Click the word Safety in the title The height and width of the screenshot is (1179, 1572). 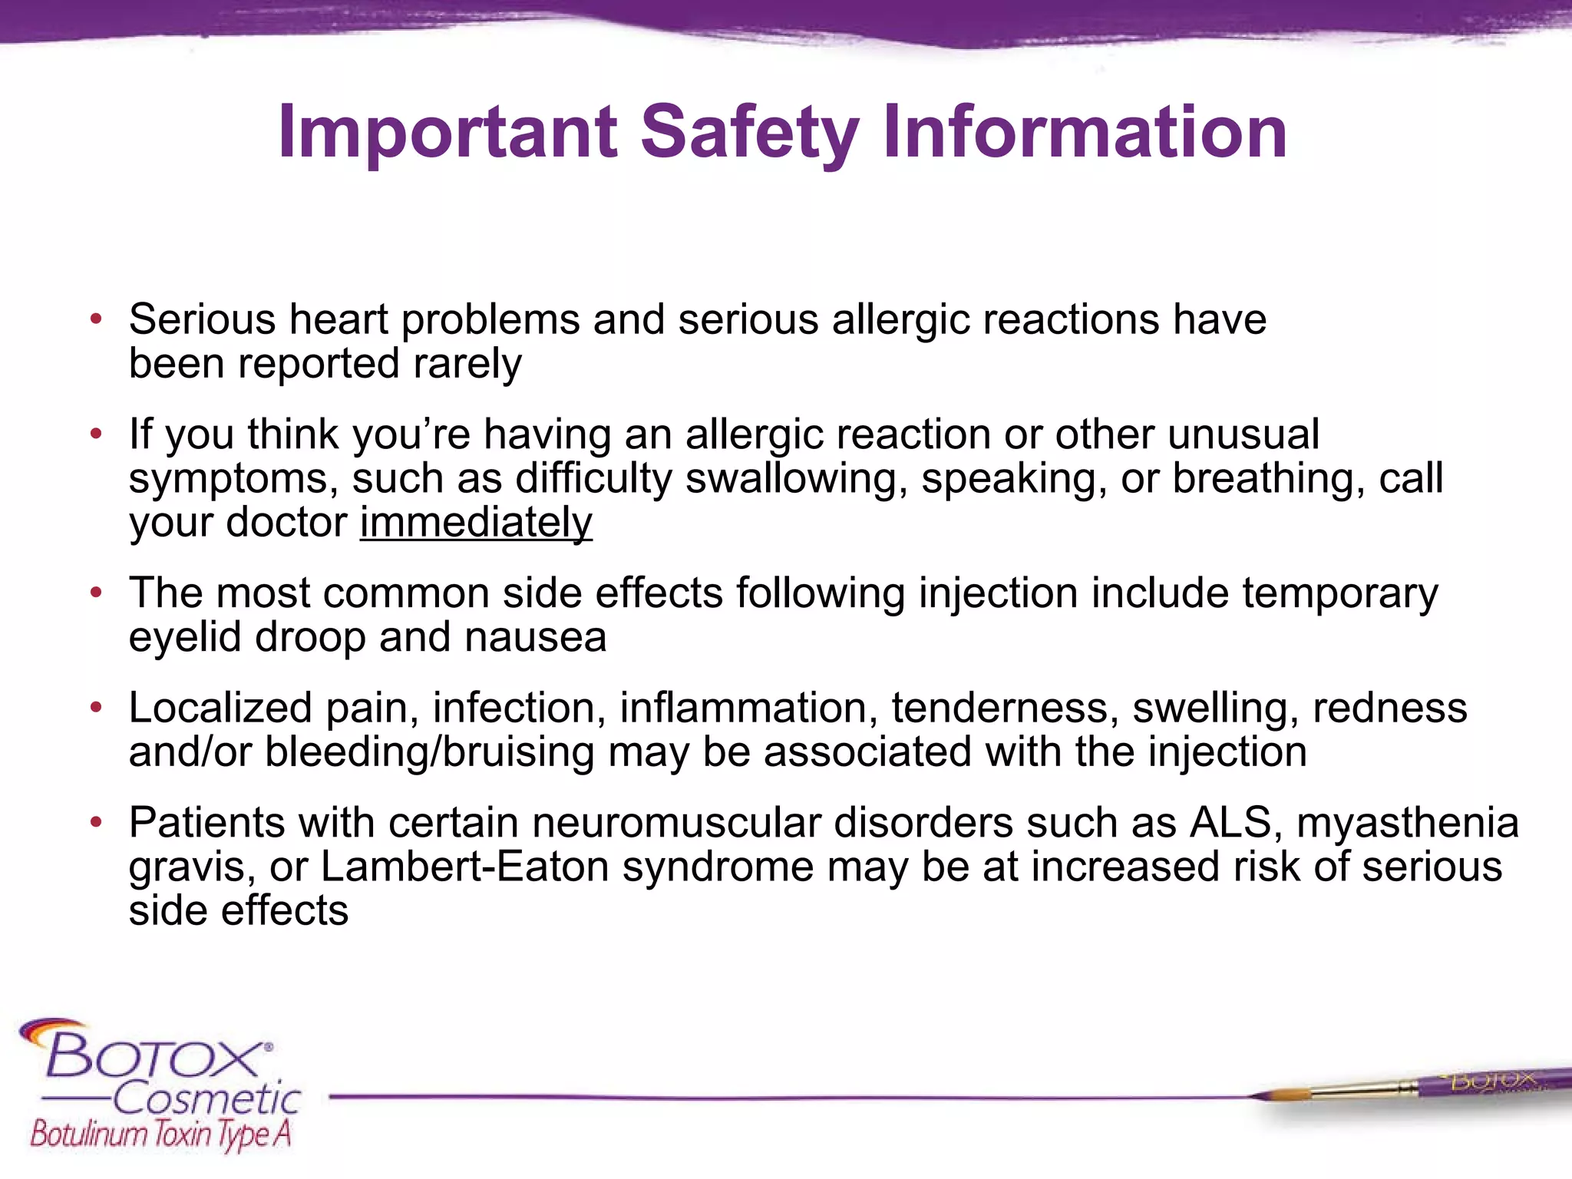tap(748, 133)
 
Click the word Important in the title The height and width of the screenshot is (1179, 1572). tap(447, 133)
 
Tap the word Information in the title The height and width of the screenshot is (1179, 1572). tap(1085, 133)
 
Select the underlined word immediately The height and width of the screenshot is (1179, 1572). tap(476, 523)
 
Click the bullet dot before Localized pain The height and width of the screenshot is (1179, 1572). tap(96, 707)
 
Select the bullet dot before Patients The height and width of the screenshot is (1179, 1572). tap(96, 822)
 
